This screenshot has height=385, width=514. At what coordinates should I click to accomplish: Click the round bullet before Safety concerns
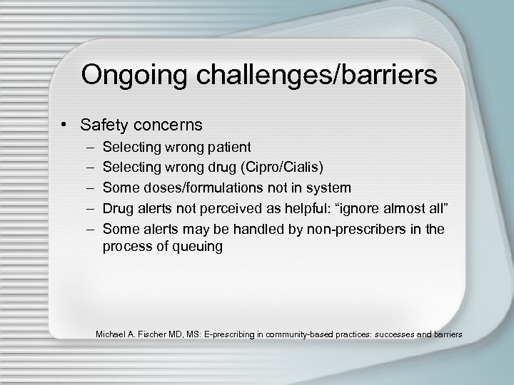tap(66, 125)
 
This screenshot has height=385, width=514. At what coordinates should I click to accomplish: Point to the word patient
tap(227, 148)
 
